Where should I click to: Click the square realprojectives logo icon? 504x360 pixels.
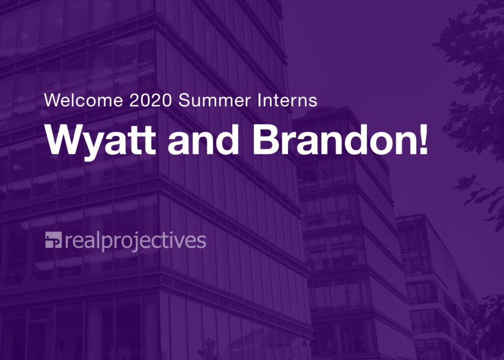(x=53, y=240)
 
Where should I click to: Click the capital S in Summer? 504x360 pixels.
(x=184, y=101)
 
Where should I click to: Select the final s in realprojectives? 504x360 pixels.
(x=201, y=241)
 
